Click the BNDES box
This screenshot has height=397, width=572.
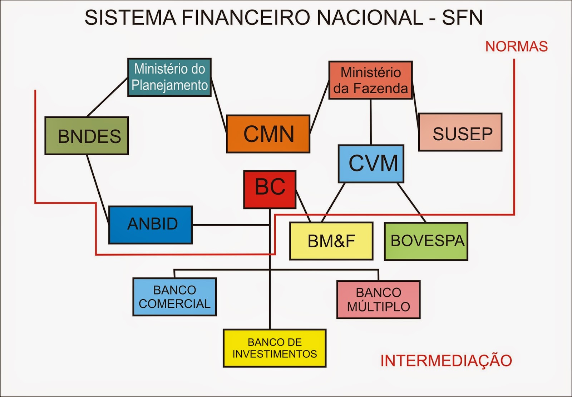coord(87,136)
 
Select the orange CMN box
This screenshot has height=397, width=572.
coord(268,134)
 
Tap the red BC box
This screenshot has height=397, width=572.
coord(270,189)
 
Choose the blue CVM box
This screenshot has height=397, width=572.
coord(371,164)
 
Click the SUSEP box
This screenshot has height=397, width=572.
coord(460,132)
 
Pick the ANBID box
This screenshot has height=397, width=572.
coord(151,225)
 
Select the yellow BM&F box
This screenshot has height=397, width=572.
coord(331,241)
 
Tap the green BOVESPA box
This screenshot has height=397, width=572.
coord(426,241)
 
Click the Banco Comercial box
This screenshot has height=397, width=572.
coord(174,297)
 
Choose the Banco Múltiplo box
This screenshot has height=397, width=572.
coord(378,300)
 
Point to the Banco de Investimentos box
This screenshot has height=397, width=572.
coord(275,348)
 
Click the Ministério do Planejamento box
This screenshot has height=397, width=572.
coord(169,77)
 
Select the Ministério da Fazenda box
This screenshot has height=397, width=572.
coord(370,80)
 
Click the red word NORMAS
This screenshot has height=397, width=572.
coord(516,46)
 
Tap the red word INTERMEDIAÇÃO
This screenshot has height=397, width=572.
coord(446,361)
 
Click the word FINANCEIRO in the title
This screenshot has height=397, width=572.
coord(246,17)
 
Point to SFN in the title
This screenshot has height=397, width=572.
coord(462,17)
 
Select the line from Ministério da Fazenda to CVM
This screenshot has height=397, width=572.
coord(371,122)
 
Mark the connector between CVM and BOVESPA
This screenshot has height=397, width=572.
coord(411,202)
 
